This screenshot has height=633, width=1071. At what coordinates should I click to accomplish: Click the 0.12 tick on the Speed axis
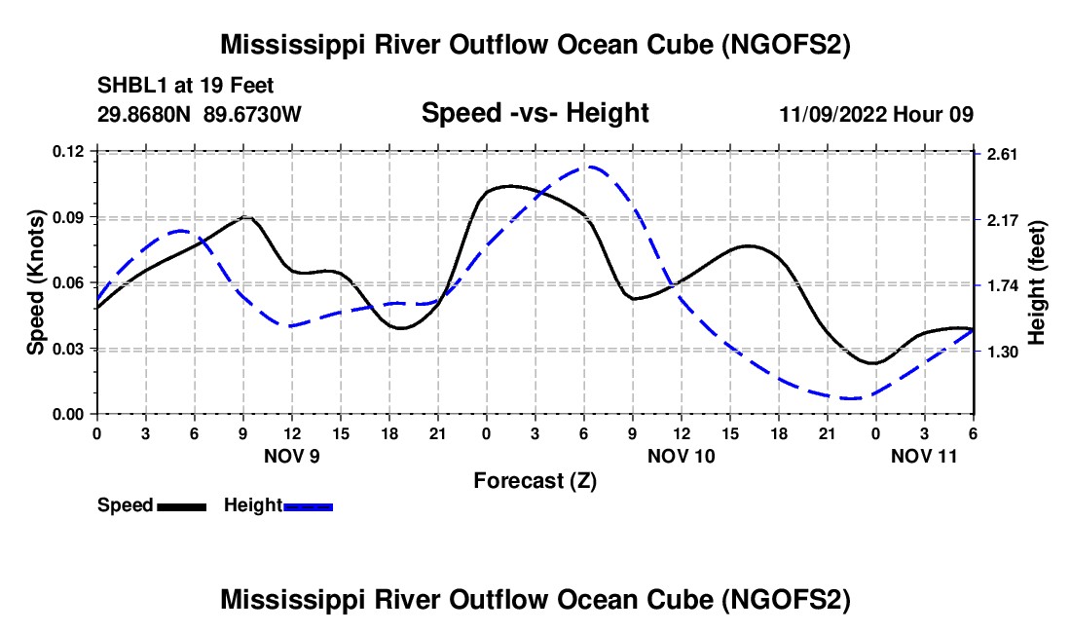(71, 151)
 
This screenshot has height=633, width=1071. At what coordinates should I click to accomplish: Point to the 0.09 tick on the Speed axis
(71, 216)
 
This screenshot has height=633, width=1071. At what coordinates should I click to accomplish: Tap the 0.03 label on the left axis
(71, 349)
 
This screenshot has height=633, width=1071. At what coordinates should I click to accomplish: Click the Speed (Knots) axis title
(35, 282)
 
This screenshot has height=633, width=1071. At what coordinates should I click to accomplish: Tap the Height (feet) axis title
(1036, 282)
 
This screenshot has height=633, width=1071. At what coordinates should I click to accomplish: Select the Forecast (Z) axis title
(535, 480)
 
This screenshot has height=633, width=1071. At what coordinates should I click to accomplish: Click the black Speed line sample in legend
(181, 506)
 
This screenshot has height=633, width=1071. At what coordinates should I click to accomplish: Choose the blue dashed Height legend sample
(308, 506)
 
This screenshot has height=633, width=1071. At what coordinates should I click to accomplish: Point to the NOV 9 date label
(292, 456)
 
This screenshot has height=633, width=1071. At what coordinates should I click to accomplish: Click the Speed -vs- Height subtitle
(535, 113)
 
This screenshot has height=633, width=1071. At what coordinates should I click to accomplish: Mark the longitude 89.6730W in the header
(253, 114)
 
